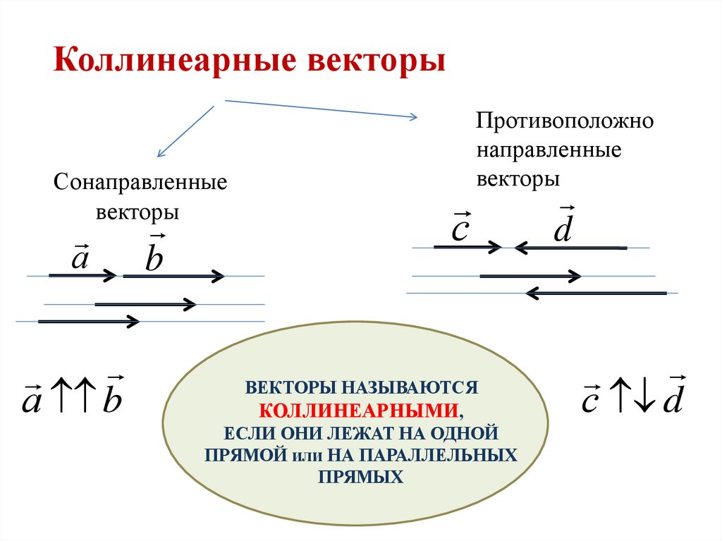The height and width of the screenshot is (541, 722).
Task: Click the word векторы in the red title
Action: click(x=376, y=60)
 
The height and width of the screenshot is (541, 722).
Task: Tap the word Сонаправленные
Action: click(x=140, y=183)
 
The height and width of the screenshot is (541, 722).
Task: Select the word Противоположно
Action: click(x=565, y=121)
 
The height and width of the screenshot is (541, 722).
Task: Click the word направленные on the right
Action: click(x=549, y=150)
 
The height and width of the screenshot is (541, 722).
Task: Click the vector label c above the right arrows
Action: click(x=460, y=228)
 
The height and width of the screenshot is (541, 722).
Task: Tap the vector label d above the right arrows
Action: click(x=563, y=227)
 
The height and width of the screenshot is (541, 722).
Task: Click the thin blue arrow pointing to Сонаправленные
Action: click(x=185, y=131)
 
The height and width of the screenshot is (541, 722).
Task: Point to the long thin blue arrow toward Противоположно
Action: click(x=321, y=109)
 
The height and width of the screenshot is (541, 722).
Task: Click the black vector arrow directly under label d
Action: click(x=570, y=248)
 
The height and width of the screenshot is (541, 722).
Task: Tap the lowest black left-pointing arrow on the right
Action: click(x=596, y=292)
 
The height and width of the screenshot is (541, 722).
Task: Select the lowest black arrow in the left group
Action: click(x=89, y=322)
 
